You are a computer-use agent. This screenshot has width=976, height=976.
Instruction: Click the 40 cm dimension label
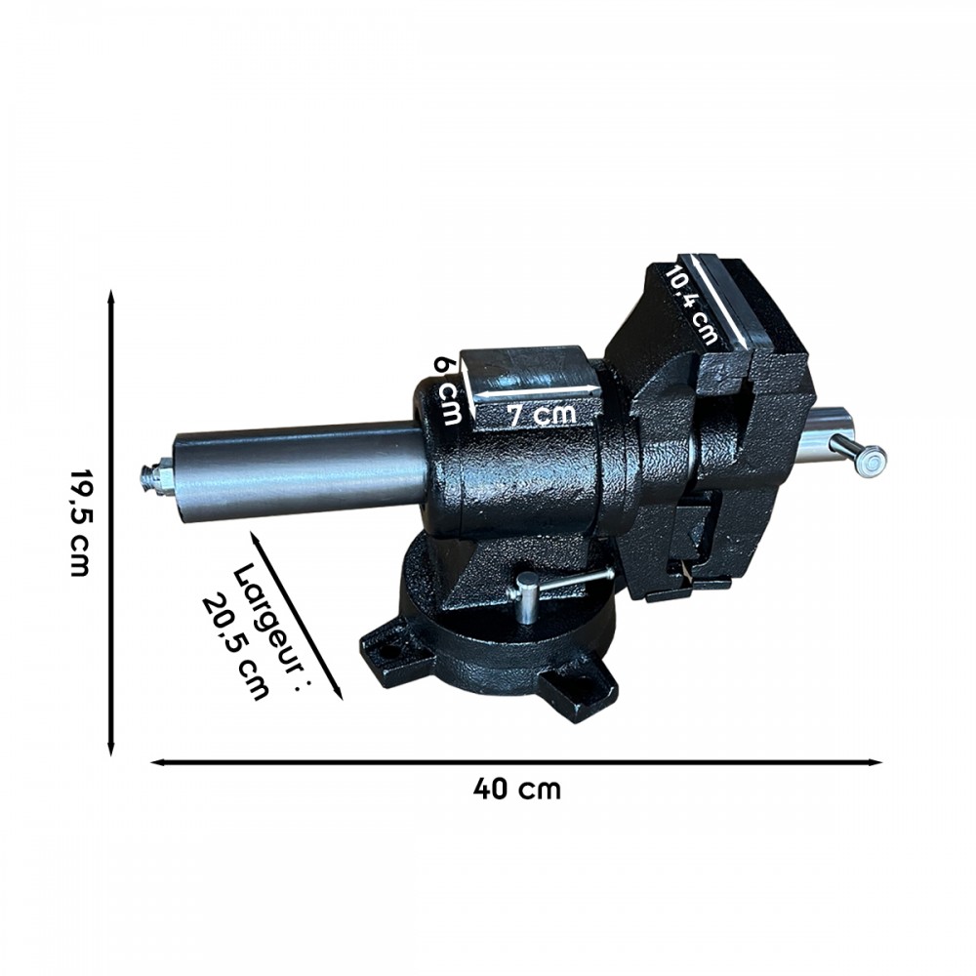click(x=516, y=788)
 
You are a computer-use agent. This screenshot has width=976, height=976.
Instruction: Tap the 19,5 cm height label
click(x=80, y=522)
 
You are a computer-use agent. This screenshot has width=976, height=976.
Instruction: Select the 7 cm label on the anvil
click(x=541, y=415)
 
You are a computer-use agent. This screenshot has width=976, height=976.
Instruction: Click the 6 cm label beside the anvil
click(x=449, y=390)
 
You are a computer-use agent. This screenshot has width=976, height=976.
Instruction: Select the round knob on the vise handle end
click(x=869, y=460)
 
